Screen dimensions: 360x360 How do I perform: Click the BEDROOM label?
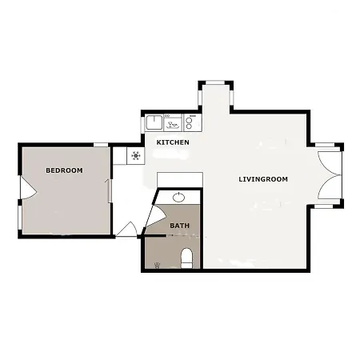click(64, 170)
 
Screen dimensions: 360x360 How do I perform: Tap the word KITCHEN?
click(173, 142)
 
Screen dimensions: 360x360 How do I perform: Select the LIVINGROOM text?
click(263, 179)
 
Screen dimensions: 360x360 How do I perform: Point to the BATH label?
click(180, 226)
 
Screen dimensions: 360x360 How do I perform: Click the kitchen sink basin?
click(154, 122)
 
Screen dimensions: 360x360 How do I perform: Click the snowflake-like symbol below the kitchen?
click(136, 155)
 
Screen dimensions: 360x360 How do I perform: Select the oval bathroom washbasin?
click(178, 198)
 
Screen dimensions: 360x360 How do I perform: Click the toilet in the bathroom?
click(186, 258)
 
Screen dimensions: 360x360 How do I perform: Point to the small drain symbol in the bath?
click(157, 265)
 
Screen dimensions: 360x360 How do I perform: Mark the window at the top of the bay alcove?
click(215, 82)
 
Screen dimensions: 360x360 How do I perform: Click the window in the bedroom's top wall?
click(101, 145)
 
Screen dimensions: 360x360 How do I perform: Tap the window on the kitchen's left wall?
click(142, 124)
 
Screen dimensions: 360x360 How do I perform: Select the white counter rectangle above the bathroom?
click(180, 180)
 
